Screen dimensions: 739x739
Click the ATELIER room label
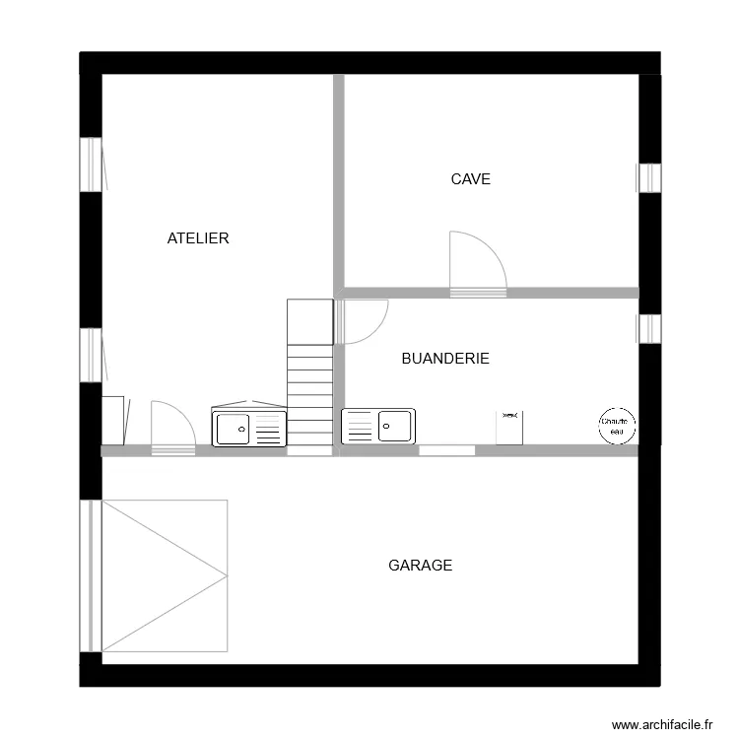click(x=198, y=238)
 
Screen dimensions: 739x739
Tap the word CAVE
click(x=470, y=179)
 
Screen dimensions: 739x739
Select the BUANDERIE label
click(x=445, y=359)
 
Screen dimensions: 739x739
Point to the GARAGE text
click(x=420, y=566)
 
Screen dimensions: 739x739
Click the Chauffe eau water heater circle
click(x=618, y=426)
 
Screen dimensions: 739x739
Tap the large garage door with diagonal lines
click(x=164, y=575)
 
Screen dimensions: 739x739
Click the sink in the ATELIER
click(x=248, y=429)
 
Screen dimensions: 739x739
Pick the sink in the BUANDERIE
click(x=378, y=426)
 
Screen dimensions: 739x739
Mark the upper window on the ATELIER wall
click(x=91, y=164)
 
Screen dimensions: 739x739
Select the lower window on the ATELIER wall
click(x=91, y=355)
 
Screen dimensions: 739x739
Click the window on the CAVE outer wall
click(x=649, y=177)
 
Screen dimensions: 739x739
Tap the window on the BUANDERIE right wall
click(x=649, y=328)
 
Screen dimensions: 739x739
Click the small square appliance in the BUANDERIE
click(x=508, y=429)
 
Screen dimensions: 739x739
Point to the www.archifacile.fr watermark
click(x=661, y=724)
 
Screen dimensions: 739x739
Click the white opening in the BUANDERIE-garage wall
click(x=447, y=450)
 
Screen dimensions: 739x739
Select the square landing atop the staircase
click(x=309, y=321)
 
